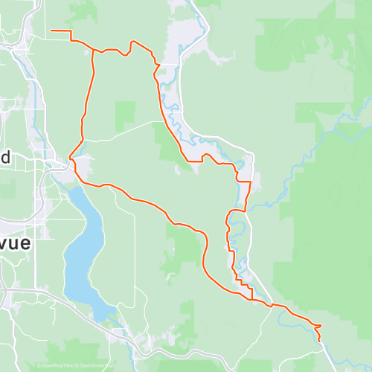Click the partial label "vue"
pyautogui.click(x=12, y=247)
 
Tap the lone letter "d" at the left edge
pyautogui.click(x=4, y=157)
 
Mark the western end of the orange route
pyautogui.click(x=51, y=31)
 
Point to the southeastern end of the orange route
pyautogui.click(x=322, y=341)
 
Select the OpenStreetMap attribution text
pyautogui.click(x=94, y=366)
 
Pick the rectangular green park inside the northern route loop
pyautogui.click(x=125, y=116)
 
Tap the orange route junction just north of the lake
pyautogui.click(x=71, y=158)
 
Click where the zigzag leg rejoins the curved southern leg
pyautogui.click(x=254, y=299)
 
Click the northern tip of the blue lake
pyautogui.click(x=71, y=187)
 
